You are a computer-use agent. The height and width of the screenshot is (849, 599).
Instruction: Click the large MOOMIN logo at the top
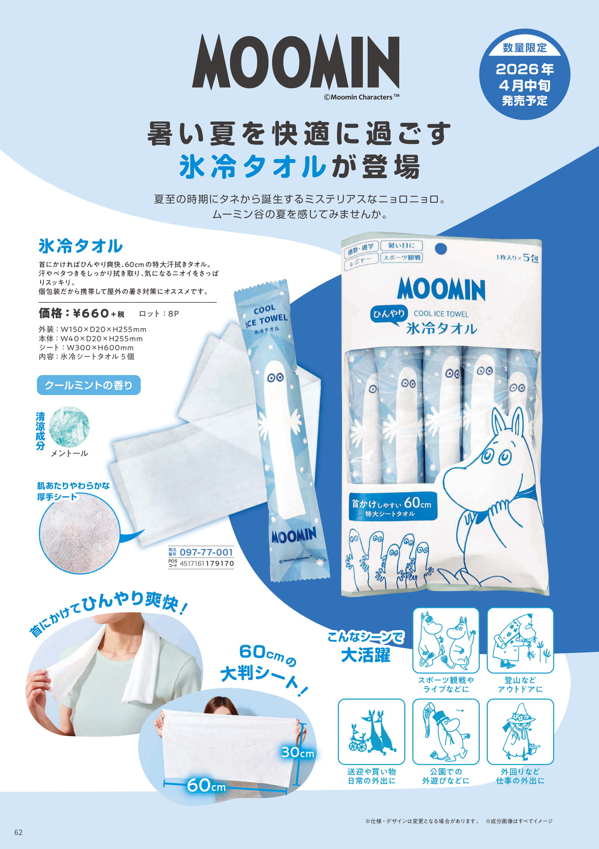click(x=296, y=62)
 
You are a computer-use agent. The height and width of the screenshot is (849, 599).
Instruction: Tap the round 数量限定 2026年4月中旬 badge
click(x=525, y=74)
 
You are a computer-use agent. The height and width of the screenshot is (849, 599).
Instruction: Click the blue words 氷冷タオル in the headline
click(x=253, y=167)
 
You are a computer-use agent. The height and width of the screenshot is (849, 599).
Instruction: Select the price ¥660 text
click(x=91, y=314)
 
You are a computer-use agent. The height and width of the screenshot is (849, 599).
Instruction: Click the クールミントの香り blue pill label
click(x=89, y=385)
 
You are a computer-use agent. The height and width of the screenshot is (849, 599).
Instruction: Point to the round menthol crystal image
click(x=69, y=427)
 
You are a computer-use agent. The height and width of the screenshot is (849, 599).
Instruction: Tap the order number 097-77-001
click(x=206, y=552)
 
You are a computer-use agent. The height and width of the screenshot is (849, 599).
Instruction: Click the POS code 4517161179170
click(x=207, y=563)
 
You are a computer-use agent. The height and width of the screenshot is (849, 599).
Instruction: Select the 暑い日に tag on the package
click(x=402, y=245)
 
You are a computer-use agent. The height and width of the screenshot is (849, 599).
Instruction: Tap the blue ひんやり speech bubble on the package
click(x=389, y=314)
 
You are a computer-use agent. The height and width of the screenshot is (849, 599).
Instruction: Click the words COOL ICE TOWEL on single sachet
click(x=266, y=316)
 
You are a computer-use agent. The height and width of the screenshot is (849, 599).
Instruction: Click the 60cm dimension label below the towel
click(x=206, y=785)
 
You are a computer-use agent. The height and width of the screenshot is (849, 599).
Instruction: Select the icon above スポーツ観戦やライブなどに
click(x=446, y=641)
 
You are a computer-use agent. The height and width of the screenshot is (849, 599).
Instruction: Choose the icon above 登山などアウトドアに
click(x=520, y=641)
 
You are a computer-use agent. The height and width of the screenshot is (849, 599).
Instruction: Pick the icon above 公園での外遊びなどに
click(x=446, y=732)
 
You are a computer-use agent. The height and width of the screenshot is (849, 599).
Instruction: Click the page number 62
click(x=19, y=832)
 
